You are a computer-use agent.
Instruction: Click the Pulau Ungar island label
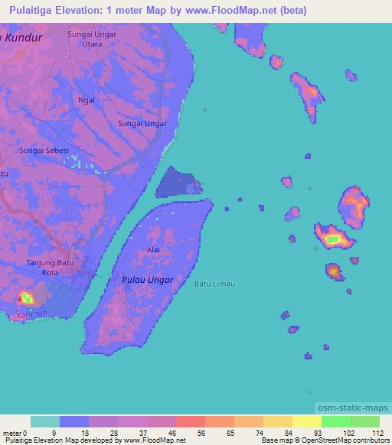[148, 281]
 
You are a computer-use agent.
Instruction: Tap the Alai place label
[152, 250]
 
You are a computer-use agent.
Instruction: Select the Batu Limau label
[214, 284]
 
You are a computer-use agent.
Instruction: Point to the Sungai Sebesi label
[44, 151]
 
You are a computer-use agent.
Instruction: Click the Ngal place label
[87, 100]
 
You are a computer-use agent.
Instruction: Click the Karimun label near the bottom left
[28, 315]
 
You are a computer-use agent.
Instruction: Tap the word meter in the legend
[10, 433]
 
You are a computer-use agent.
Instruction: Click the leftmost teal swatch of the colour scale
[45, 422]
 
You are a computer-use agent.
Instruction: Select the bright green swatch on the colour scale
[335, 422]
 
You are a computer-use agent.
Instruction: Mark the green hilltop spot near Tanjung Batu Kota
[27, 297]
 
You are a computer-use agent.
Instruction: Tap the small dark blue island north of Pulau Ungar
[177, 184]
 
